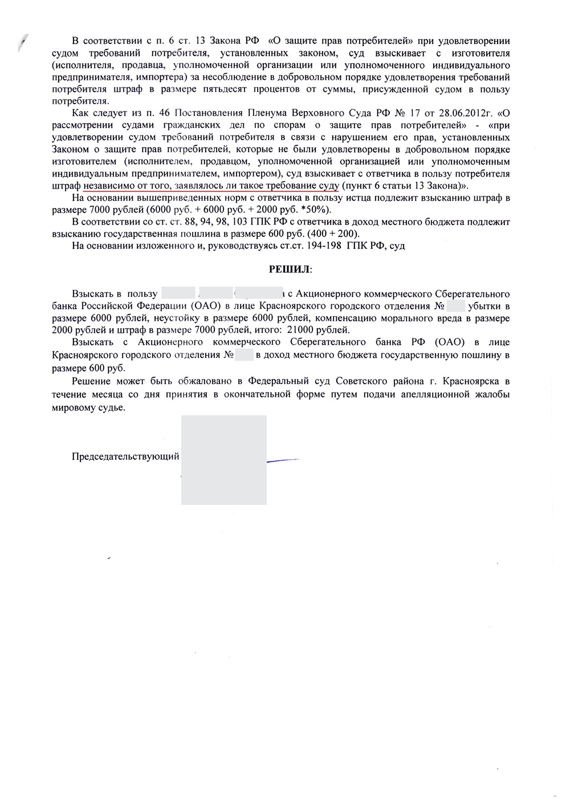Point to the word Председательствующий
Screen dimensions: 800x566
[x=125, y=456]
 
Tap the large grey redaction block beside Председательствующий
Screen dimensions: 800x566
[x=223, y=459]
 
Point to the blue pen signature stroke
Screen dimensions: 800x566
[x=283, y=459]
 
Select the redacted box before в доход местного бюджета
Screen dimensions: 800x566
[x=244, y=355]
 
